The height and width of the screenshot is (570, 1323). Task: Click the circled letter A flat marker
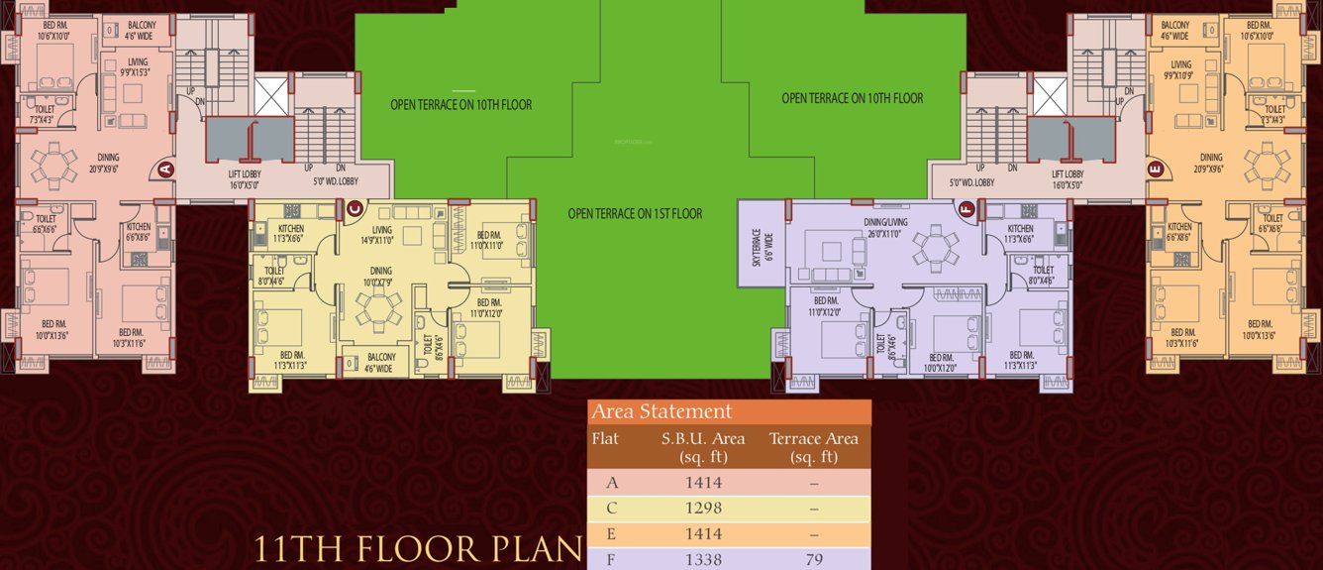[164, 170]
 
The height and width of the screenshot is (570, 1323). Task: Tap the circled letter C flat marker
[356, 208]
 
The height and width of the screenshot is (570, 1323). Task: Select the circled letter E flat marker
[1156, 170]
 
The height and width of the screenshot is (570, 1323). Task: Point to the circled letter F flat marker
[967, 208]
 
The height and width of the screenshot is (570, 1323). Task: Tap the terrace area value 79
[813, 560]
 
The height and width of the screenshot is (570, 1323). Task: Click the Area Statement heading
[661, 411]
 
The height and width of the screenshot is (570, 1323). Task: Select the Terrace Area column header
[813, 447]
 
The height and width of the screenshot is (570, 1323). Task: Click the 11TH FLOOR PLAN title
[416, 549]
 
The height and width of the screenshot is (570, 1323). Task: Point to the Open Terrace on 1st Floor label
[635, 213]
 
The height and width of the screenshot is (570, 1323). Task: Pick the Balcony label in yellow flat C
[381, 362]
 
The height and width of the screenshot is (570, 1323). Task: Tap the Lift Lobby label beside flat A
[237, 178]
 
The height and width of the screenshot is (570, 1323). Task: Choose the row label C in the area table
[612, 509]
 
